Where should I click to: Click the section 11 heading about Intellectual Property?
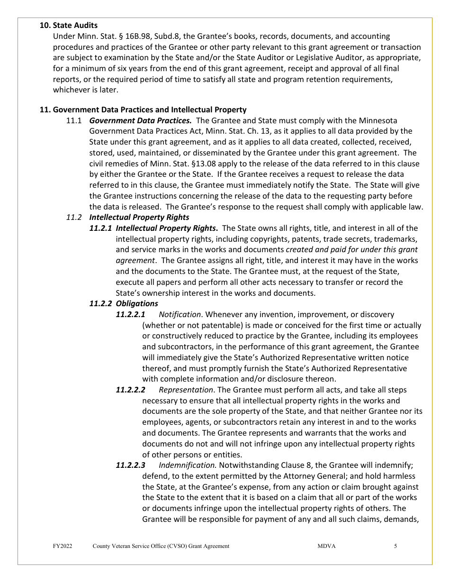143,109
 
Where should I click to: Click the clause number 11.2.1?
101,228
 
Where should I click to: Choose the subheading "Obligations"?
137,303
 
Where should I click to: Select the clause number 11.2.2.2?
131,390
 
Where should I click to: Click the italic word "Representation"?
186,390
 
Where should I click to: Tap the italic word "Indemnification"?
188,465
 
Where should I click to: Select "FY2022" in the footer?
63,546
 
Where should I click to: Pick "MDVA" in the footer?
326,546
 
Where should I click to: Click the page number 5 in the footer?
396,546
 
